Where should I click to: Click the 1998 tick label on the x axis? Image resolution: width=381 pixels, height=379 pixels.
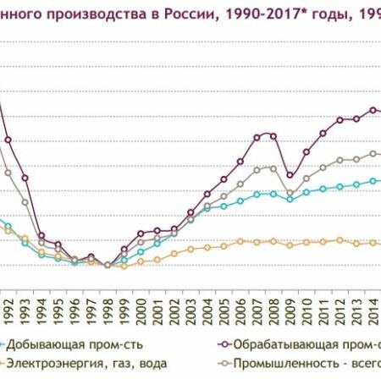(108, 303)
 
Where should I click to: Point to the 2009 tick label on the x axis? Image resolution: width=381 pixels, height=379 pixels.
(290, 303)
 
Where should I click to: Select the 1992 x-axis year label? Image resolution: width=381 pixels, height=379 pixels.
(8, 303)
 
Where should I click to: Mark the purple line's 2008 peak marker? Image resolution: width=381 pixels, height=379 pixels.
(273, 135)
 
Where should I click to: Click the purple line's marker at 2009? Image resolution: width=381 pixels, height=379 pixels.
(290, 176)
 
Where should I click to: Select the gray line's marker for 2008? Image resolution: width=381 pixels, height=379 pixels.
(273, 168)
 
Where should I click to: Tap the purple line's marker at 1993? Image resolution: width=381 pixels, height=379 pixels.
(25, 179)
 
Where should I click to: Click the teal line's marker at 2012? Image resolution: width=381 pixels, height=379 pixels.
(340, 187)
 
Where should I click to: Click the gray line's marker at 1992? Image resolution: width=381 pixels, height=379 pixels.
(8, 173)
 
